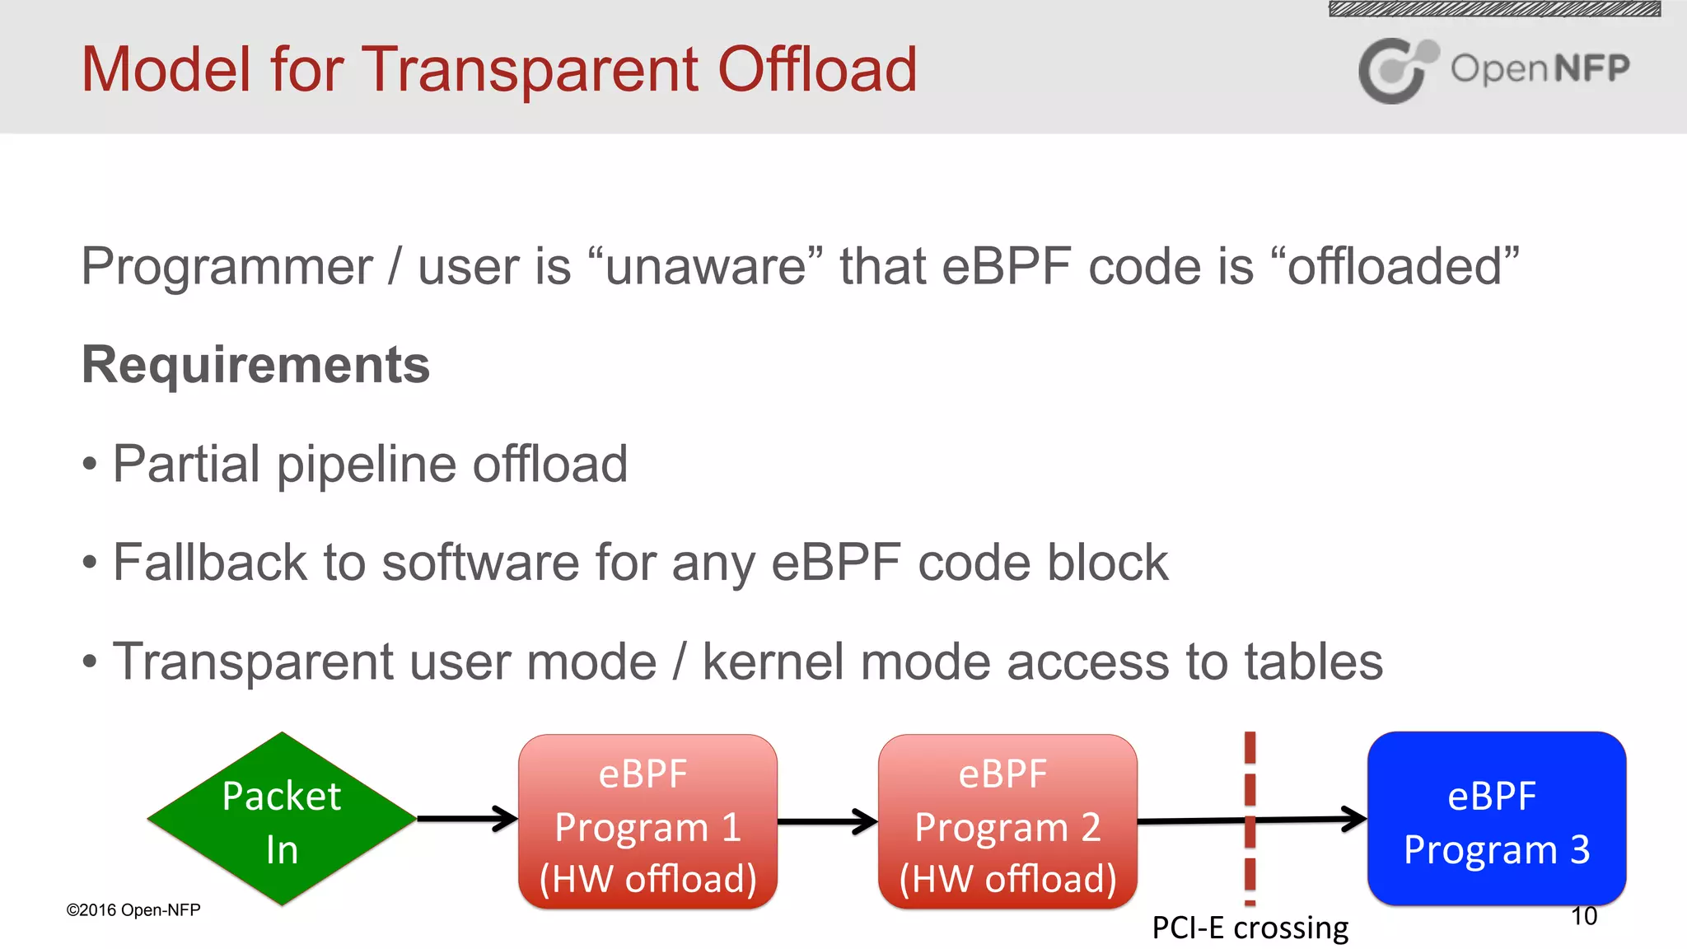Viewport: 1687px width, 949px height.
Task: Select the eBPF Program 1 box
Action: tap(647, 822)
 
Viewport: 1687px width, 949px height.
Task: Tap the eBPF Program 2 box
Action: tap(1007, 822)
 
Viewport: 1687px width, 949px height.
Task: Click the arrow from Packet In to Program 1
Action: tap(466, 818)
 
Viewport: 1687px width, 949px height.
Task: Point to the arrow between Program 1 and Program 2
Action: tap(826, 820)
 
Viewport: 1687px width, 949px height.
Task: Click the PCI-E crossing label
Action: tap(1250, 928)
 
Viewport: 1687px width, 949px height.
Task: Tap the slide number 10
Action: tap(1583, 916)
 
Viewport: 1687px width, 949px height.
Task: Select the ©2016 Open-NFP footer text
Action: tap(133, 909)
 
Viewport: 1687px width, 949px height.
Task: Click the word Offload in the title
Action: tap(816, 69)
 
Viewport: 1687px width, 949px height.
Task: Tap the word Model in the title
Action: tap(166, 69)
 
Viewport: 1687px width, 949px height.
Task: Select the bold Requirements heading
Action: tap(255, 365)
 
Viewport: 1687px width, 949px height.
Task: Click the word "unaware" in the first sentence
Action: tap(706, 267)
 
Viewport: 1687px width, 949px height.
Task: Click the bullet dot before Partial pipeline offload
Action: tap(90, 465)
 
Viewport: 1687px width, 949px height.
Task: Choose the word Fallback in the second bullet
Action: tap(210, 563)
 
